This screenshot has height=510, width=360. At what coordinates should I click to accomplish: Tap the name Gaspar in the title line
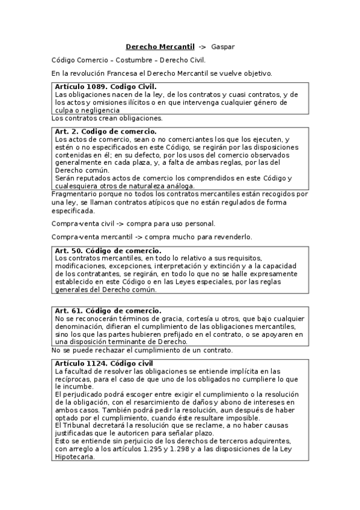(223, 46)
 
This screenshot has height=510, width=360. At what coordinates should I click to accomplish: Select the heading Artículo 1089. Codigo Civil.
(105, 87)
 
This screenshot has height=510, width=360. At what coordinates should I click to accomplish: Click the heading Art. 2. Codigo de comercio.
(105, 131)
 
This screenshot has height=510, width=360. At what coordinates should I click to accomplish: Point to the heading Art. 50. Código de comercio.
(108, 250)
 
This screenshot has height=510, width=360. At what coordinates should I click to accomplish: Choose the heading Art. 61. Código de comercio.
(108, 310)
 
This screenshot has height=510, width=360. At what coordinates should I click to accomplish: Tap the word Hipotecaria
(76, 456)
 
